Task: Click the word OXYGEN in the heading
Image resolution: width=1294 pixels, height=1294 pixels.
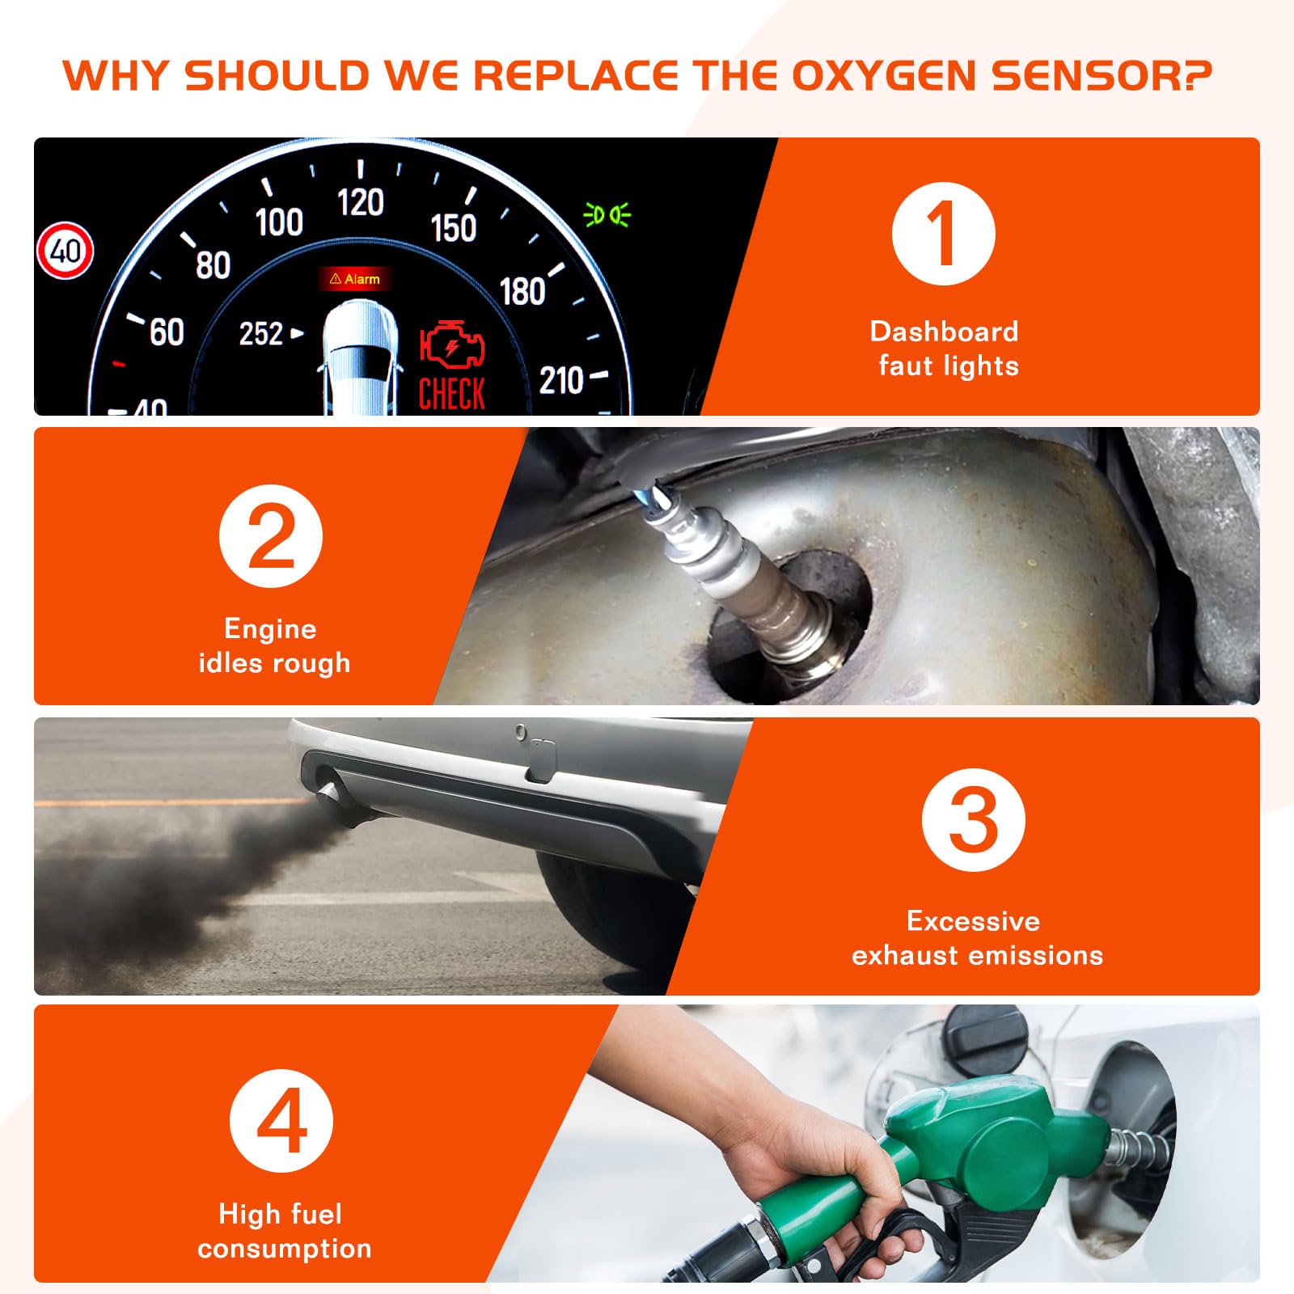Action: click(x=884, y=75)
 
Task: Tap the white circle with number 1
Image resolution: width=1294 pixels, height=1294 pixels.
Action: click(x=943, y=234)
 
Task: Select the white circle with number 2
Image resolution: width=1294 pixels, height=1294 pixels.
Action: click(x=270, y=536)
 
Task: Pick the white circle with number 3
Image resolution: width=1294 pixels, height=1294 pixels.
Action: click(x=973, y=820)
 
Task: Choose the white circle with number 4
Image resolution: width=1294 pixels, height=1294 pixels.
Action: click(x=281, y=1120)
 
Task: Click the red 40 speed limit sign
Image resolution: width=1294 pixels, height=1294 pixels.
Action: click(x=66, y=250)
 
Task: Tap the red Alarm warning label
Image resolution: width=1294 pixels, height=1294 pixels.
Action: click(x=355, y=279)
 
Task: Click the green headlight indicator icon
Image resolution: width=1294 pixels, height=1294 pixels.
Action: click(x=607, y=216)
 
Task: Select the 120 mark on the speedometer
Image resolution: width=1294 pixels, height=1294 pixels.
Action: click(x=361, y=202)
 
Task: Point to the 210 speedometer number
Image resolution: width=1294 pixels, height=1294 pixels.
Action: click(x=561, y=380)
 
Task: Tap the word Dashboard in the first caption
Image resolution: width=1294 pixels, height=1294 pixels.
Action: click(x=944, y=332)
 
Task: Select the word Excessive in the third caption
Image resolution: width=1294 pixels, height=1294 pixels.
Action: click(x=974, y=920)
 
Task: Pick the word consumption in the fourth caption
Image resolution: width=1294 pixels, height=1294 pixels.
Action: click(x=285, y=1249)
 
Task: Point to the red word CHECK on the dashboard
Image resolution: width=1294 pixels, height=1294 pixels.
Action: click(x=452, y=394)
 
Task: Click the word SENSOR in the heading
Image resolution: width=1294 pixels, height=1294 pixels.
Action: click(x=1102, y=75)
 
